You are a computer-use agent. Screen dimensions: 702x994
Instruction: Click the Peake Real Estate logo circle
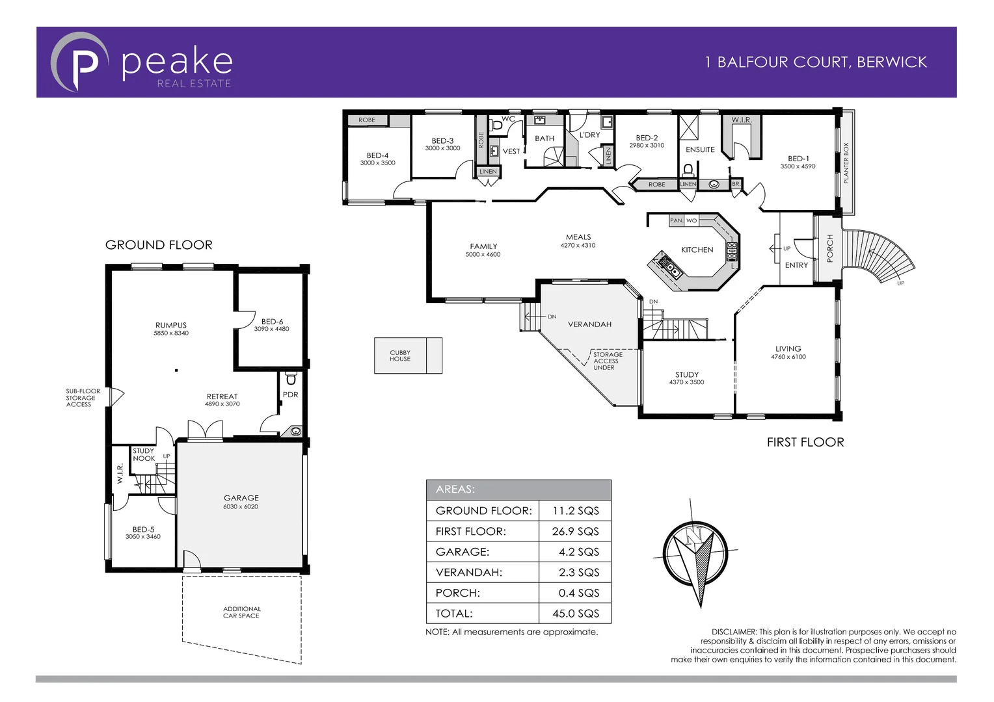tap(79, 62)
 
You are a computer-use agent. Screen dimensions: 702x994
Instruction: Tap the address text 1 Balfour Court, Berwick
tap(816, 62)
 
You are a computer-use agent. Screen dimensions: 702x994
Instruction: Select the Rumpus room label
tap(171, 325)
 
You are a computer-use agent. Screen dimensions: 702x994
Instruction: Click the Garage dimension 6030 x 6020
tap(241, 507)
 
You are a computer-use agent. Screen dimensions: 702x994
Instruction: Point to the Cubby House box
tap(408, 356)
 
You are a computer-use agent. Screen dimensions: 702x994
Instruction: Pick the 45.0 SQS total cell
tap(575, 613)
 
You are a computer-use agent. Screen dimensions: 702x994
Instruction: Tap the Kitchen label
tap(697, 250)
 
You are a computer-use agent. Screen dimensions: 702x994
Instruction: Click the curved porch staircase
tap(884, 253)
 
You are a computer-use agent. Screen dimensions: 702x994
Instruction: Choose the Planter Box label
tap(846, 162)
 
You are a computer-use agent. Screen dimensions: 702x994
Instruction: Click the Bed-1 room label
tap(798, 159)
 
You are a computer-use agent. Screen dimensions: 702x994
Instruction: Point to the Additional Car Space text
tap(241, 612)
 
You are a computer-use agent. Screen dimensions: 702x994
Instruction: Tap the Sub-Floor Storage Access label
tap(82, 398)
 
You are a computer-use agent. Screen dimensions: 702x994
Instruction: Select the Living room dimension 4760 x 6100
tap(788, 357)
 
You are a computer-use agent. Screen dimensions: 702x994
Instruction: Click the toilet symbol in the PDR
tap(291, 379)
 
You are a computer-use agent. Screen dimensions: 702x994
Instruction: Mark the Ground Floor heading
tap(159, 245)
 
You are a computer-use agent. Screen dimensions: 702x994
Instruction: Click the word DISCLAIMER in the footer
tap(734, 632)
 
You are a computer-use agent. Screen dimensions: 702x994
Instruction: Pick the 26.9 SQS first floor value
tap(575, 531)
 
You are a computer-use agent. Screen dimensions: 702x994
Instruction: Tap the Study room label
tap(687, 374)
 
